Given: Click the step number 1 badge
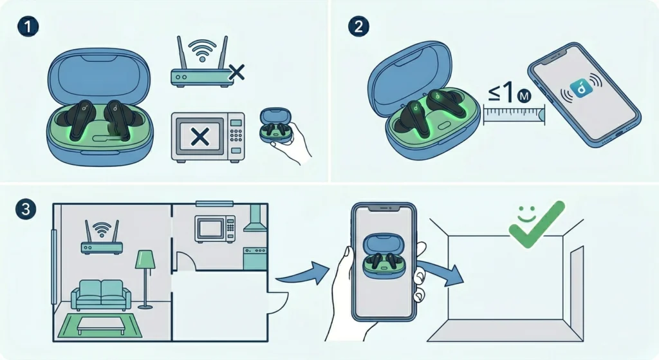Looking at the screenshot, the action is pos(28,26).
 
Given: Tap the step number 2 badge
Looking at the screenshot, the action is pos(358,26).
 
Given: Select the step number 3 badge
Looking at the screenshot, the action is pos(26,209).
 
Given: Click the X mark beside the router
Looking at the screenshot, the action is pos(237,73).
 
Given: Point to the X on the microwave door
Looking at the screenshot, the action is pos(200,137).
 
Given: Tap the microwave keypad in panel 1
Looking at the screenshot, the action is pos(236,135).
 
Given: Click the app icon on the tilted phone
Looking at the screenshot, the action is pos(581,88).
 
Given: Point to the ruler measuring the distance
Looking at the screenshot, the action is pos(514,115).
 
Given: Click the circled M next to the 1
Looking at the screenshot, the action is pos(524,97).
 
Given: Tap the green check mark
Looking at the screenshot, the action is pos(537,224).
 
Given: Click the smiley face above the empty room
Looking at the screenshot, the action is pos(526,214).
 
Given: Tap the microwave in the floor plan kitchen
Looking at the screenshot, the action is pos(215,229).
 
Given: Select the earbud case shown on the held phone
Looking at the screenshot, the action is pos(384,256).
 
